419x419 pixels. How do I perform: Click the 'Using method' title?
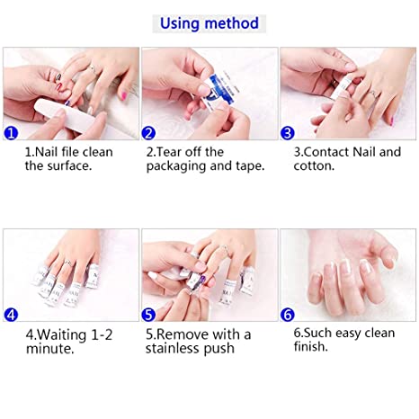click(209, 23)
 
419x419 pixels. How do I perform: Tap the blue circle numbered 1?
click(11, 133)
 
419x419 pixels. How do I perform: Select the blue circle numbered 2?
click(148, 133)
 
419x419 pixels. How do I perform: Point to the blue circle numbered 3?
click(288, 133)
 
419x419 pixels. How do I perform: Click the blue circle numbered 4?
click(11, 315)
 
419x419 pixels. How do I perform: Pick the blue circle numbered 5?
click(148, 315)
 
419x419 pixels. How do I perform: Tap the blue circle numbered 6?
click(288, 315)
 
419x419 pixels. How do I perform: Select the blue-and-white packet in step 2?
click(221, 90)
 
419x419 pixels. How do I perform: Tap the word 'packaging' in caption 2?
click(176, 166)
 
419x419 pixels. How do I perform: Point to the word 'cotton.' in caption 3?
click(314, 165)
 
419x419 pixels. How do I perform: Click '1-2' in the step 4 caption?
click(102, 334)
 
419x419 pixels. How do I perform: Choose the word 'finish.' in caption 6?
click(311, 347)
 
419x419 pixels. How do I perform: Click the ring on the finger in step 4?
click(67, 263)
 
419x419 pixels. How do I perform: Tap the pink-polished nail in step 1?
click(122, 95)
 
